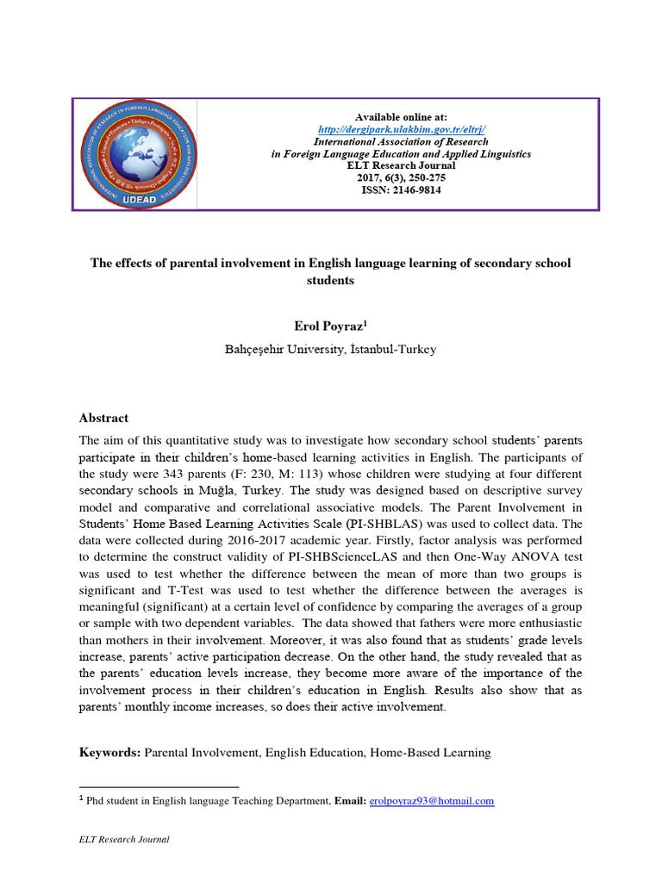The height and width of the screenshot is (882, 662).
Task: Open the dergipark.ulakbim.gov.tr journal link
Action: coord(401,129)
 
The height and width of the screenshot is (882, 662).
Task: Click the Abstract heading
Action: coord(103,418)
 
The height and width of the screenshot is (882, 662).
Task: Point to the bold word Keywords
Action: coord(109,752)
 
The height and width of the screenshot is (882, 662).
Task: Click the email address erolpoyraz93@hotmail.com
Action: coord(431,801)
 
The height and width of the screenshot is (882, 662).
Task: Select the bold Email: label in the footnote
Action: coord(350,801)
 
